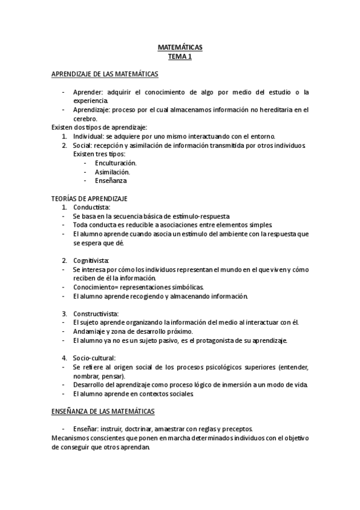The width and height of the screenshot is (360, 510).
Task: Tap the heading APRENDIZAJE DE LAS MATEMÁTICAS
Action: click(x=105, y=75)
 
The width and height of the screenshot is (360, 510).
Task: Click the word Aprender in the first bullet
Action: click(x=87, y=92)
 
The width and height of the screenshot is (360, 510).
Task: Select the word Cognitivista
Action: click(x=91, y=260)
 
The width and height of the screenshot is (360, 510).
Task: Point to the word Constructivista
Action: click(x=96, y=313)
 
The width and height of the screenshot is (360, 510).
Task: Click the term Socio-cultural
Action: click(x=94, y=358)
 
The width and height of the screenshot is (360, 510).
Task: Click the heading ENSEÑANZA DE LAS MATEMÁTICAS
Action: click(x=103, y=411)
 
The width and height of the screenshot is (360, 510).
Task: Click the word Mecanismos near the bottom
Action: click(x=71, y=438)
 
